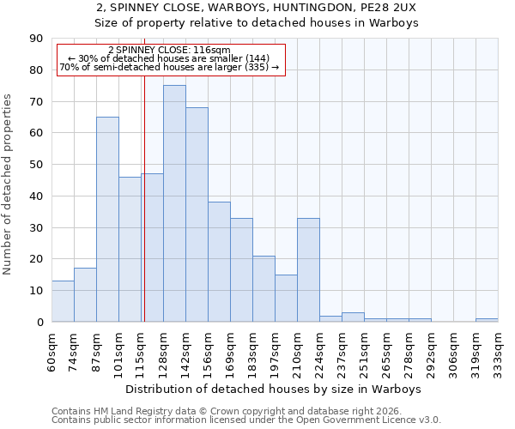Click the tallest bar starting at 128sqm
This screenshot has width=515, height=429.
pos(174,203)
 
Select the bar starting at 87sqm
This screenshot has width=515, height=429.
pos(107,219)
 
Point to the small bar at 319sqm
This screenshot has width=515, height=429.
pos(487,320)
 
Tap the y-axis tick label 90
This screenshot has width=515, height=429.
pos(36,39)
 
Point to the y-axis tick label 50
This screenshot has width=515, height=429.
pos(36,165)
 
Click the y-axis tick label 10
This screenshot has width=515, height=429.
pos(36,291)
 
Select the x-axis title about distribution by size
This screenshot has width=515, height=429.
pos(273,390)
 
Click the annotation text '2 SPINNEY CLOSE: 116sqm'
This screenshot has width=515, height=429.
pos(169,51)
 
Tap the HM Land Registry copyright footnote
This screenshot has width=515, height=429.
pos(232,411)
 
